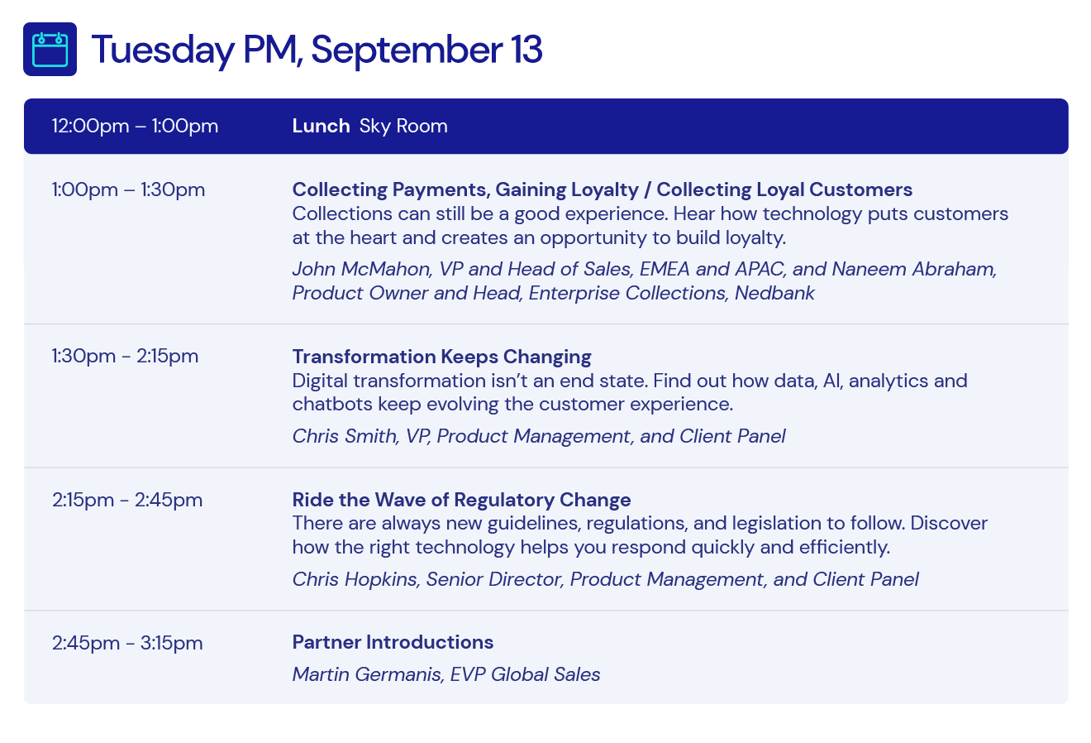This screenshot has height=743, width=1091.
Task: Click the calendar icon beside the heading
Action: pyautogui.click(x=50, y=50)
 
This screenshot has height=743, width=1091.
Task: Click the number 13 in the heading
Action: pyautogui.click(x=526, y=50)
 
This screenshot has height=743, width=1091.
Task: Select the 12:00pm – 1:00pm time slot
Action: pyautogui.click(x=135, y=127)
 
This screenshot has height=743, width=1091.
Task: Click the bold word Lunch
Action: pyautogui.click(x=321, y=126)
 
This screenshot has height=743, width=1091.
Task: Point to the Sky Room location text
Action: pyautogui.click(x=403, y=127)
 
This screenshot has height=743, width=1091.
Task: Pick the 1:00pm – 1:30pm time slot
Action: pyautogui.click(x=129, y=189)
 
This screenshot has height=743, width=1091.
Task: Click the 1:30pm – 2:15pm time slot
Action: pyautogui.click(x=125, y=357)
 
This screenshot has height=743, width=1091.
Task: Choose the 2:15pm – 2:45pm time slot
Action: pyautogui.click(x=127, y=501)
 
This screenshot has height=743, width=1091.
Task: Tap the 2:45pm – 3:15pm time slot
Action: pyautogui.click(x=127, y=643)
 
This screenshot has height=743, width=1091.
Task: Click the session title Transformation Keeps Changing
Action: pyautogui.click(x=441, y=357)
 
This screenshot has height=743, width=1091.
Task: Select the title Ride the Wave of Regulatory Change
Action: pyautogui.click(x=462, y=501)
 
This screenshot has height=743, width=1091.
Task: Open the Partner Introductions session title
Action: pyautogui.click(x=393, y=643)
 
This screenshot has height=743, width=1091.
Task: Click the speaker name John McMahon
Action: pyautogui.click(x=361, y=269)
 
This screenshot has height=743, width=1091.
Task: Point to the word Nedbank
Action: pyautogui.click(x=774, y=293)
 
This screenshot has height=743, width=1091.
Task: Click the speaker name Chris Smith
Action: pyautogui.click(x=345, y=436)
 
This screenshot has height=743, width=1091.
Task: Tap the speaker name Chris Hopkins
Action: pyautogui.click(x=355, y=580)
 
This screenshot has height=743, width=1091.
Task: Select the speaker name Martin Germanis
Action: pyautogui.click(x=368, y=675)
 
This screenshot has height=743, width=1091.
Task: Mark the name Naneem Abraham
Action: pyautogui.click(x=913, y=269)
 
